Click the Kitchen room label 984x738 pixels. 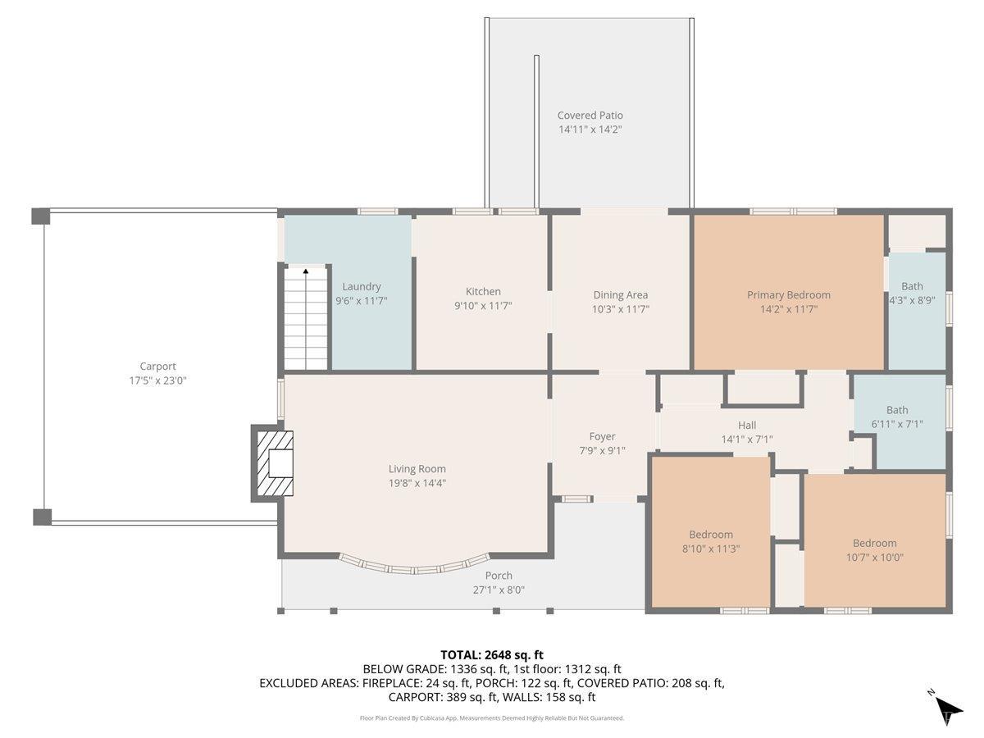(x=483, y=292)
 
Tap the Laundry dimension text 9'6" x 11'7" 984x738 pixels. (x=362, y=301)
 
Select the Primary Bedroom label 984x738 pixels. (x=789, y=295)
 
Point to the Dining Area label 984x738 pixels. (x=621, y=295)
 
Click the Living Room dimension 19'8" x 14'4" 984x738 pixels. (x=417, y=483)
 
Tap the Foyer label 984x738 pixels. (x=602, y=436)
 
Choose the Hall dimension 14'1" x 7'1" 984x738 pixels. (x=747, y=440)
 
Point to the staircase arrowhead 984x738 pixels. (x=306, y=271)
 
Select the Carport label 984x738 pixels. (x=157, y=367)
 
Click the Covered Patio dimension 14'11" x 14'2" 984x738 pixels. (x=590, y=130)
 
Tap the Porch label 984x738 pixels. (x=499, y=576)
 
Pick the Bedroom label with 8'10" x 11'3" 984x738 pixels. (x=711, y=535)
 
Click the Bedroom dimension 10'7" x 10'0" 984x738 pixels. (x=875, y=558)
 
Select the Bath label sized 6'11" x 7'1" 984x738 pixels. (x=897, y=410)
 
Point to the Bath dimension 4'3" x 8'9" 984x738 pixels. (x=913, y=300)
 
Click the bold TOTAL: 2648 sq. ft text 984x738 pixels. (x=492, y=655)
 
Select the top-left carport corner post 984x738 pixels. (x=41, y=216)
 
